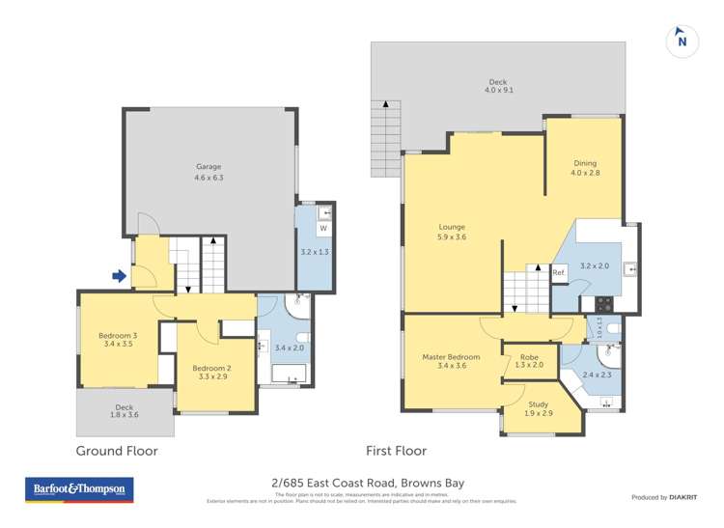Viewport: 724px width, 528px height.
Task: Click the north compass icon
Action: (x=682, y=40)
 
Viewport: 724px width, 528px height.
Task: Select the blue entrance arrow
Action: (x=120, y=277)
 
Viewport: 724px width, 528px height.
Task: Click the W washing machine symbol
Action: (x=323, y=229)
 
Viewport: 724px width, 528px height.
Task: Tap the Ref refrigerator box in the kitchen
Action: (x=558, y=273)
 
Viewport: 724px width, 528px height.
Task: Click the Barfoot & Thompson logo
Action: (x=79, y=490)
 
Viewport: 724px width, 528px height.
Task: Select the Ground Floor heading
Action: (x=117, y=451)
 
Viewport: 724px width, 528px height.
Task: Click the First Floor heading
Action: (x=396, y=451)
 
